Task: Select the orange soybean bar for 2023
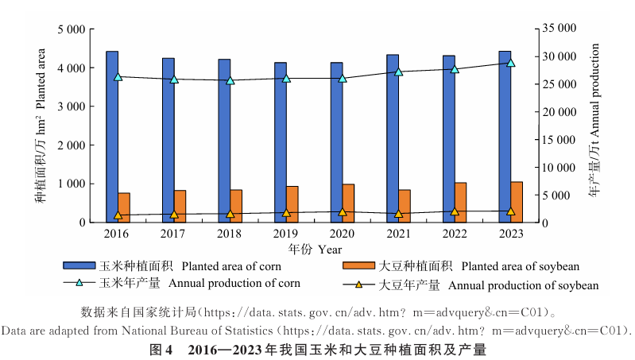(517, 203)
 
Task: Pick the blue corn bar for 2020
(337, 142)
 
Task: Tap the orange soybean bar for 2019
(292, 204)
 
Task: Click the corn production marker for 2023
(511, 63)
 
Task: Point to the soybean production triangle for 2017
(174, 215)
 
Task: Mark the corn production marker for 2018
(230, 80)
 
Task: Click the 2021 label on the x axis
(399, 234)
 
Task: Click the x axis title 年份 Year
(316, 249)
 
